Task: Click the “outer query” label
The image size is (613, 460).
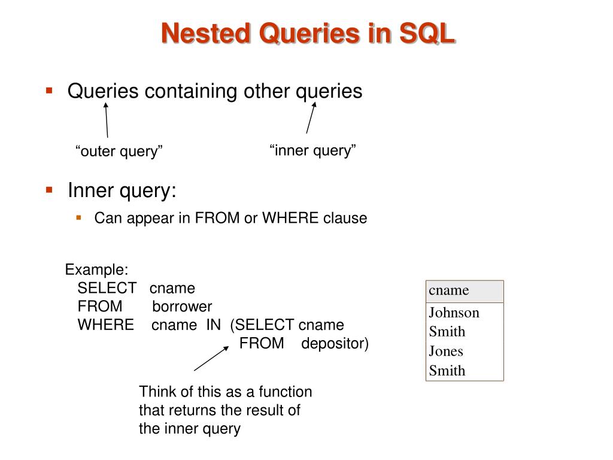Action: (119, 151)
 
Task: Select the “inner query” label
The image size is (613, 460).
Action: (313, 150)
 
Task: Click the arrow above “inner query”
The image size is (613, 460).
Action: (311, 117)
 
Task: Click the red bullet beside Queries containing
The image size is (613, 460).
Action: (50, 91)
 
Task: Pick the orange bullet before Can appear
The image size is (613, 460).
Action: (78, 217)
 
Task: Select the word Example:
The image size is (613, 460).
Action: (97, 270)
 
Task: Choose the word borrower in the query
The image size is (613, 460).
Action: (182, 307)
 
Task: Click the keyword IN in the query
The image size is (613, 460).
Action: (214, 325)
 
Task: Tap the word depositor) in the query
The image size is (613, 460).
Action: (335, 344)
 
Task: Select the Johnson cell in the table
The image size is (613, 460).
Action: (454, 313)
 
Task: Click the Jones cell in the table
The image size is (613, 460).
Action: (446, 351)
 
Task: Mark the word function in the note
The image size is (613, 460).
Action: (284, 392)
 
